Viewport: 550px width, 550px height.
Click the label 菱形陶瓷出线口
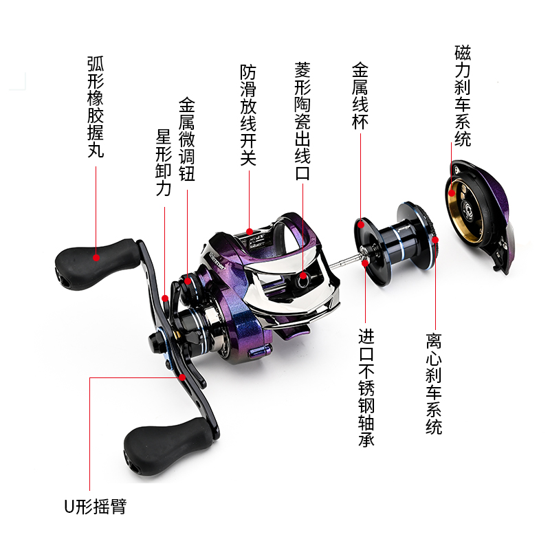(302, 121)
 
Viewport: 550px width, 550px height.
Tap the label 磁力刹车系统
(463, 96)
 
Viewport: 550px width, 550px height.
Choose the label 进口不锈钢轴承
(366, 388)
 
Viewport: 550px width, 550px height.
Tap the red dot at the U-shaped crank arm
(182, 377)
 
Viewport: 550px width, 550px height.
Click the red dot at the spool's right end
(434, 240)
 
